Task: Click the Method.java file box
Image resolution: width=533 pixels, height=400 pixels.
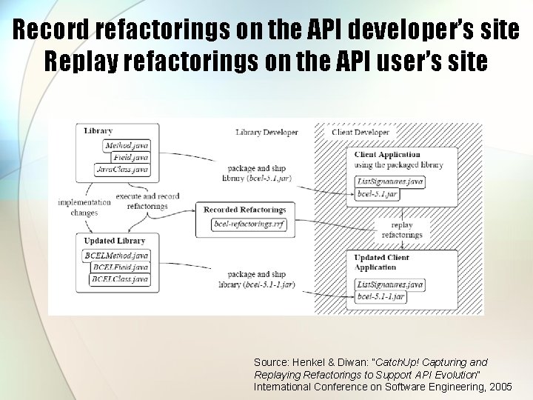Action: tap(127, 146)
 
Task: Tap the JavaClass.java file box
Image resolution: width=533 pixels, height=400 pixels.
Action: tap(123, 170)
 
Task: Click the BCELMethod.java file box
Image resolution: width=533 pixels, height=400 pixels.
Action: tap(117, 256)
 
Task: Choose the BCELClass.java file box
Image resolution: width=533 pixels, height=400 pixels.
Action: tap(120, 279)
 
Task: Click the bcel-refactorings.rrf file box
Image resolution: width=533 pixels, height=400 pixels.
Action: tap(249, 224)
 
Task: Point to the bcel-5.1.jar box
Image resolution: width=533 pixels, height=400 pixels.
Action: tap(378, 193)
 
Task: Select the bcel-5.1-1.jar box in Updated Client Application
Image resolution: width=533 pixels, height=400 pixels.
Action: tap(381, 296)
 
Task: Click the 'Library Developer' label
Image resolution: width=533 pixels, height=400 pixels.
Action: tap(266, 133)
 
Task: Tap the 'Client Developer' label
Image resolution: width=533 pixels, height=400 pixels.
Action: tap(360, 133)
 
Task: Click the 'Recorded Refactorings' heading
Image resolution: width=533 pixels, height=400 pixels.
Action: tap(244, 210)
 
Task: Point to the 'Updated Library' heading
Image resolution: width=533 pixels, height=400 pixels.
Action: tap(115, 241)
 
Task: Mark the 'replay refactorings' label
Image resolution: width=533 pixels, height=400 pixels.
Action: tap(402, 230)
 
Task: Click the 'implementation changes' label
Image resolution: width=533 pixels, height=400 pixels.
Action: tap(84, 207)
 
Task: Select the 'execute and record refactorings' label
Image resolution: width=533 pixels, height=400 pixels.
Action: tap(147, 201)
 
